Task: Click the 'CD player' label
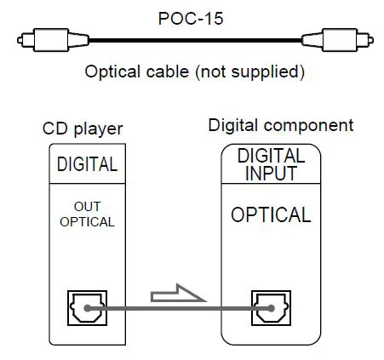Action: (83, 129)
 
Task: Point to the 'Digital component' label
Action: (281, 125)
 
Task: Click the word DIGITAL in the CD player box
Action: (87, 164)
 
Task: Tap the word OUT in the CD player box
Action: (86, 207)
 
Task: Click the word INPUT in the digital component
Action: (271, 174)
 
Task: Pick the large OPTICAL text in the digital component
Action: (271, 214)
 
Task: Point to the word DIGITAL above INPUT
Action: (271, 157)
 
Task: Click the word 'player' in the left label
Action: (102, 129)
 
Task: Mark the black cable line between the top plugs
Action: (192, 40)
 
